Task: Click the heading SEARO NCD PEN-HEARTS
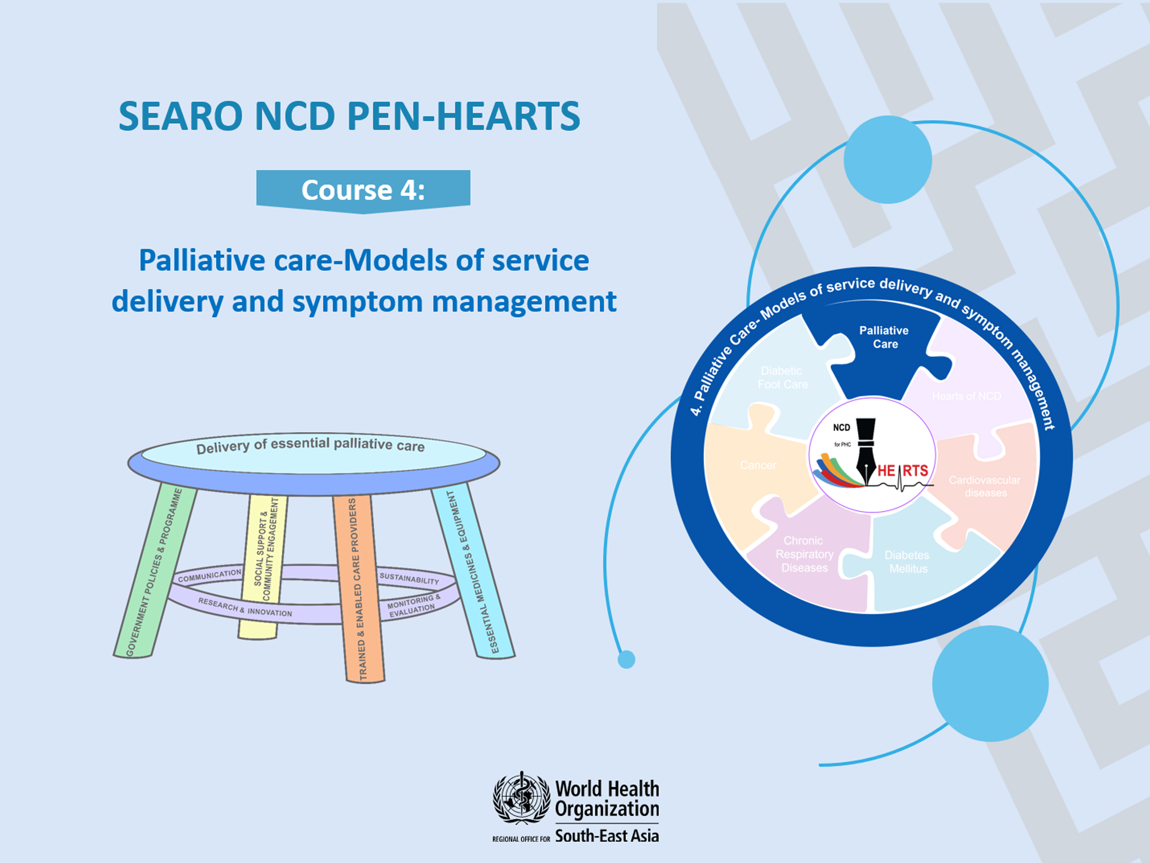[x=350, y=116]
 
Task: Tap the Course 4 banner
[x=363, y=190]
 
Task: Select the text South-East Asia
[x=607, y=836]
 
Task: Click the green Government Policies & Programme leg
[x=155, y=572]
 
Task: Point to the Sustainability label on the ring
[x=409, y=579]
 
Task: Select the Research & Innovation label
[x=245, y=607]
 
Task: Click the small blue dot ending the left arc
[x=627, y=659]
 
